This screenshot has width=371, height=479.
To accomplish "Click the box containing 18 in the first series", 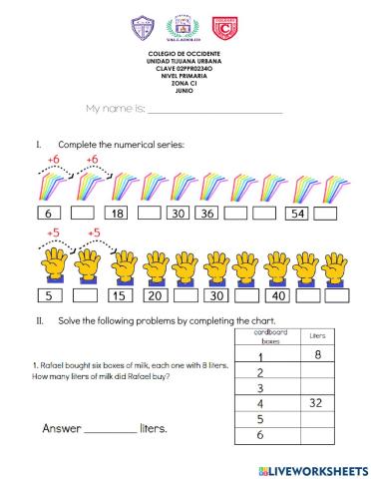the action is click(117, 214).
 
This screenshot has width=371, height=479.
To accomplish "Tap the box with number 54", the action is click(296, 214).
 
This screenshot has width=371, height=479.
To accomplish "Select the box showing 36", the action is click(207, 214).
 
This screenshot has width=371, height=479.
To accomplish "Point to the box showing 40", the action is click(279, 296).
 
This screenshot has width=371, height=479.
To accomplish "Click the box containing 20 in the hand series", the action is click(155, 296).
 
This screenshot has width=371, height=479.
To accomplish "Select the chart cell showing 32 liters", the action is click(318, 402).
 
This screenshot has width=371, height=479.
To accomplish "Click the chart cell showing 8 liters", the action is click(318, 354).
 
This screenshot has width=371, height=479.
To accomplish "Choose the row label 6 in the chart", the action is click(262, 435).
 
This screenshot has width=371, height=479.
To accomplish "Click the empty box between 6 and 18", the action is click(84, 214).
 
